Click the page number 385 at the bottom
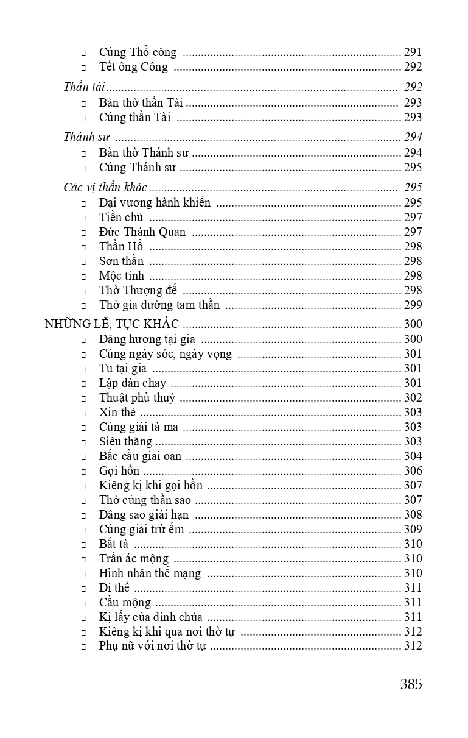[x=411, y=684]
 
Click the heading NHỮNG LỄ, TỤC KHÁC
[x=111, y=324]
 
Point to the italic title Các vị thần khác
[x=105, y=187]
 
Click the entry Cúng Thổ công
[x=138, y=52]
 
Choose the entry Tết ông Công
[x=133, y=67]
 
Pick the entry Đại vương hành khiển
[x=155, y=203]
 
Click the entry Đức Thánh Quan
[x=142, y=232]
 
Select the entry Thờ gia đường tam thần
[x=159, y=305]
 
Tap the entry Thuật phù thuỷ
[x=137, y=398]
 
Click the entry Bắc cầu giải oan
[x=140, y=456]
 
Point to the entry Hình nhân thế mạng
[x=150, y=573]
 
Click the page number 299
[x=413, y=305]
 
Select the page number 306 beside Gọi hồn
[x=413, y=471]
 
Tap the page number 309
[x=413, y=530]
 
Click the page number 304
[x=413, y=456]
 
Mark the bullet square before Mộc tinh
[x=84, y=277]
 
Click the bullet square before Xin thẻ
[x=84, y=413]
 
